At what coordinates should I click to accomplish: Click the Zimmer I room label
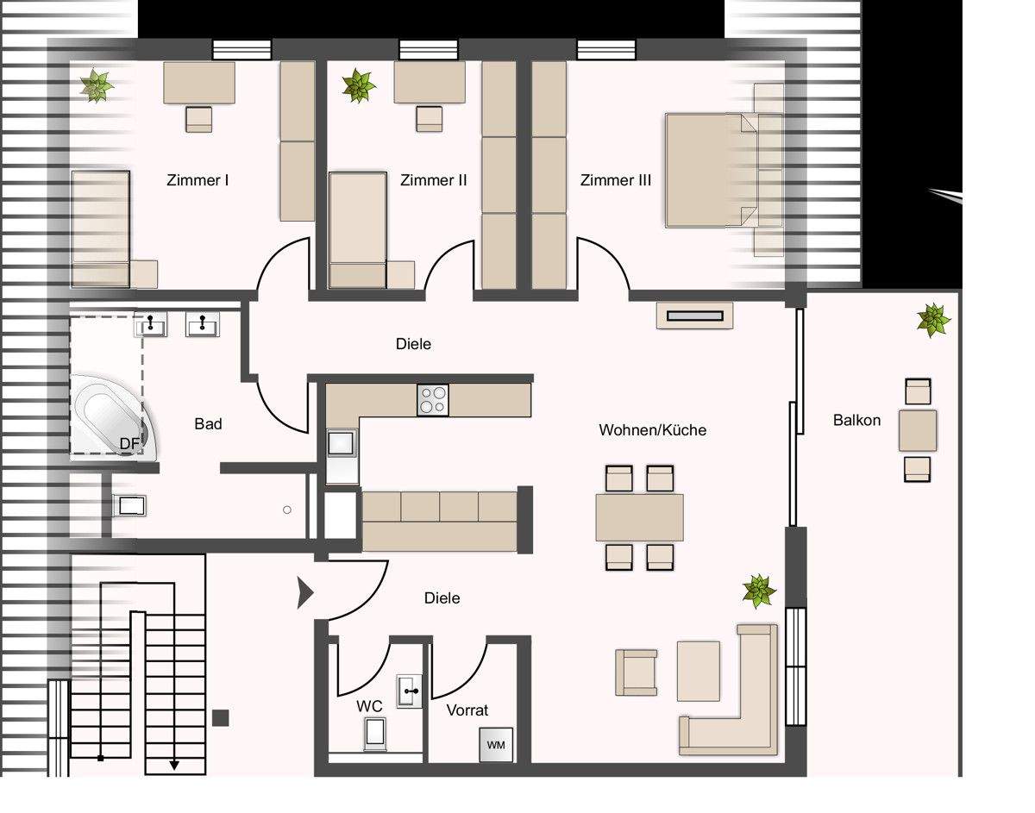pyautogui.click(x=198, y=180)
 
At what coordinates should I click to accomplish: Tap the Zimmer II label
pyautogui.click(x=434, y=180)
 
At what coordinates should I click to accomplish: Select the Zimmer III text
pyautogui.click(x=615, y=180)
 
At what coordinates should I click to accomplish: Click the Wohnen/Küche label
pyautogui.click(x=653, y=430)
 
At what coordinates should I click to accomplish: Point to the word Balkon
pyautogui.click(x=856, y=420)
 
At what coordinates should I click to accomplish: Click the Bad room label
pyautogui.click(x=208, y=423)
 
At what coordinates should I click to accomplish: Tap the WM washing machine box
pyautogui.click(x=496, y=744)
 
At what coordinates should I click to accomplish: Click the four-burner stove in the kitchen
pyautogui.click(x=432, y=400)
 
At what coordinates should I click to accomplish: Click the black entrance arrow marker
pyautogui.click(x=304, y=593)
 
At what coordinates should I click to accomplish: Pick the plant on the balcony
pyautogui.click(x=933, y=320)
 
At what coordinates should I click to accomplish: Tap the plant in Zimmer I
pyautogui.click(x=97, y=85)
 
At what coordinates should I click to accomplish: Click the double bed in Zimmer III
pyautogui.click(x=711, y=170)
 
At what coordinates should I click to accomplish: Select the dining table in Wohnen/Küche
pyautogui.click(x=640, y=518)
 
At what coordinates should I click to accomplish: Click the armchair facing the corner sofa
pyautogui.click(x=636, y=672)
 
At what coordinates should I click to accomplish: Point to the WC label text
pyautogui.click(x=369, y=706)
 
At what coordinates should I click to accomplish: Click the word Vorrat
pyautogui.click(x=467, y=710)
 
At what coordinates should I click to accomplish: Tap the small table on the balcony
pyautogui.click(x=918, y=430)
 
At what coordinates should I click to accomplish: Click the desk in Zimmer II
pyautogui.click(x=430, y=82)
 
